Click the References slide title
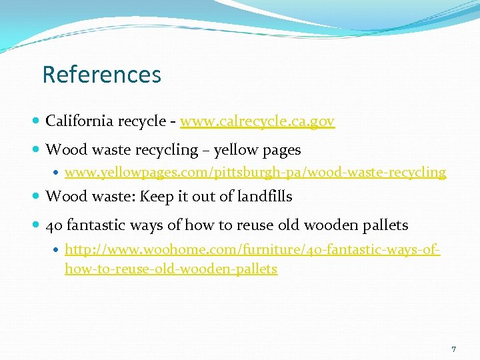point(101,74)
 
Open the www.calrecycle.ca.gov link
point(257,121)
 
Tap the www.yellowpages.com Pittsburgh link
point(255,172)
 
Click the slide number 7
point(453,349)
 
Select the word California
point(79,121)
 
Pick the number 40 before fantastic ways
point(53,225)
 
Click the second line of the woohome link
point(171,269)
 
